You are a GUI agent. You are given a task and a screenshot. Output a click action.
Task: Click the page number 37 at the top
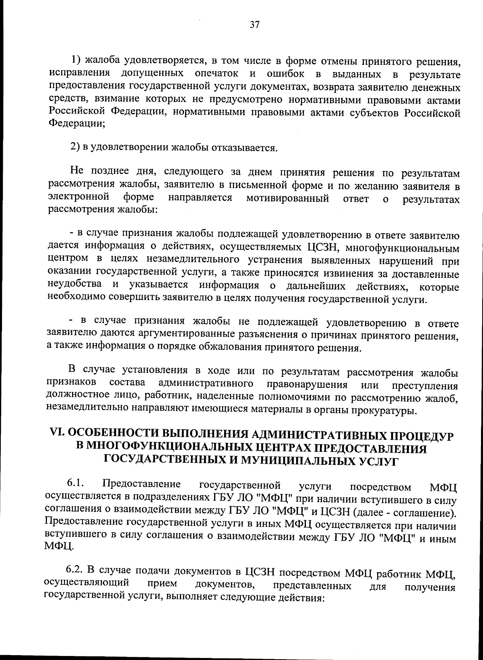(254, 25)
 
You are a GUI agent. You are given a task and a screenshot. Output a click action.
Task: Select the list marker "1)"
(77, 60)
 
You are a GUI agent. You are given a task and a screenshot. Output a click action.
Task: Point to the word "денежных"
(437, 88)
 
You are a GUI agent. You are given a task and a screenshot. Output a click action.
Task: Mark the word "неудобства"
(75, 284)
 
